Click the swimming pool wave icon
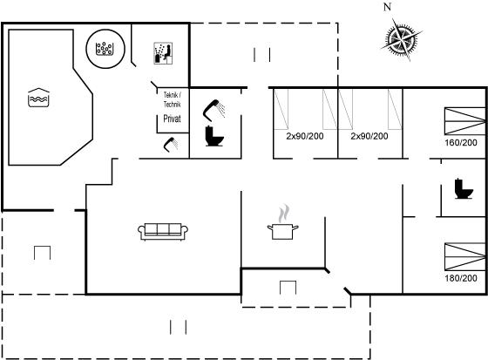(x=38, y=98)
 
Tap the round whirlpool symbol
(x=105, y=49)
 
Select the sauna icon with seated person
(x=163, y=53)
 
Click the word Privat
(x=173, y=119)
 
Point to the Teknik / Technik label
(x=173, y=99)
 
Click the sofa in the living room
(x=163, y=232)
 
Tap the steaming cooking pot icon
(x=282, y=222)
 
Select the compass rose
(x=401, y=39)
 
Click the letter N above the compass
(x=387, y=7)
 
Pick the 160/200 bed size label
(x=461, y=143)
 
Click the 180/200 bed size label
(x=461, y=278)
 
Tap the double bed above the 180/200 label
(x=465, y=256)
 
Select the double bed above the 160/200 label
(x=465, y=121)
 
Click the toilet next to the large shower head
(x=214, y=136)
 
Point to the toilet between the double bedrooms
(x=464, y=189)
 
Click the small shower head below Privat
(x=171, y=145)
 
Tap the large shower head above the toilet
(x=214, y=110)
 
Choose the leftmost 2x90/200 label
(x=305, y=136)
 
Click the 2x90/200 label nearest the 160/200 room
(x=369, y=136)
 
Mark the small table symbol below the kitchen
(x=288, y=288)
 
